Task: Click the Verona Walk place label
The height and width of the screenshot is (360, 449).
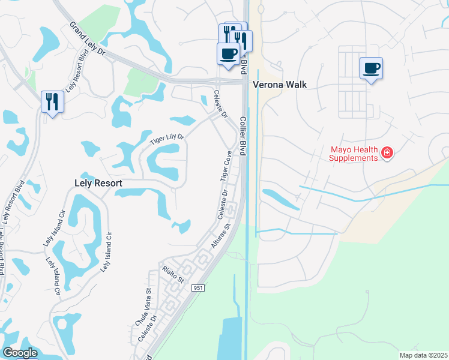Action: [x=280, y=85]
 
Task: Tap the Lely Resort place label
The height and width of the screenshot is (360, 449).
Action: [x=98, y=183]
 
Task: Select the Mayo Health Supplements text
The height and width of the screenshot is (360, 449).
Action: [x=354, y=154]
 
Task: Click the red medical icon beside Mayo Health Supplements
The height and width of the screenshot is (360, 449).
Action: [x=388, y=154]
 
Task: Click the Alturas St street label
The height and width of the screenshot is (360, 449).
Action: [x=220, y=239]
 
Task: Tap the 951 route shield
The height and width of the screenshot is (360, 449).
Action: [x=199, y=289]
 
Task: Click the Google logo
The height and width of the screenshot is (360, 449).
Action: [x=20, y=353]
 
